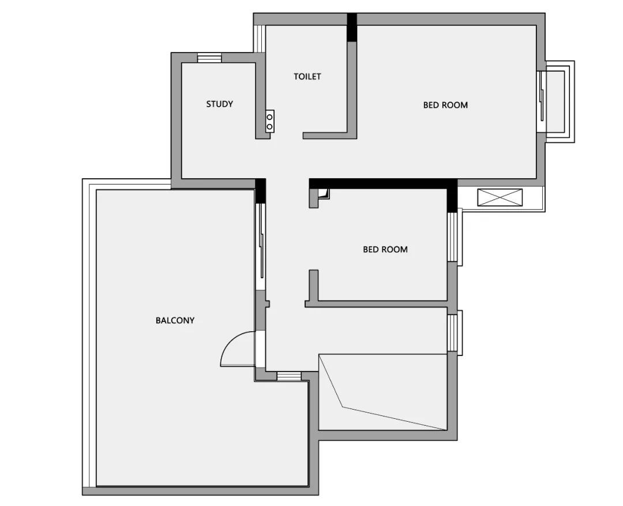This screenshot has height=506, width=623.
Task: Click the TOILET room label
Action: tap(307, 76)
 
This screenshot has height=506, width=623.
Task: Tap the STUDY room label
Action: tap(220, 104)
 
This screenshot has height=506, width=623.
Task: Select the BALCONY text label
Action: tap(175, 320)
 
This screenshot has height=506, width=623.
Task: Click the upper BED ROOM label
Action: tap(445, 105)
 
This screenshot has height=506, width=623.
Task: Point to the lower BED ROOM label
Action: tap(385, 249)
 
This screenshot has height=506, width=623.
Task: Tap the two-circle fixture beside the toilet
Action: tap(269, 121)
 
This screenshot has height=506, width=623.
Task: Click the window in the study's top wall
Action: tap(209, 58)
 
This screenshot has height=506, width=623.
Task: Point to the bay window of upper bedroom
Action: tap(556, 102)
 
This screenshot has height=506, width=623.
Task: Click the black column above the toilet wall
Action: tap(351, 27)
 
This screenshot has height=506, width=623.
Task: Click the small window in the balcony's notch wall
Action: tap(289, 376)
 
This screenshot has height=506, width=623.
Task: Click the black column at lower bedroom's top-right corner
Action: tap(452, 196)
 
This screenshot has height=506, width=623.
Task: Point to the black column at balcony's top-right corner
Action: tap(260, 190)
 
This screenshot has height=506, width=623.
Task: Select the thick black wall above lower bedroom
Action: tap(381, 183)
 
